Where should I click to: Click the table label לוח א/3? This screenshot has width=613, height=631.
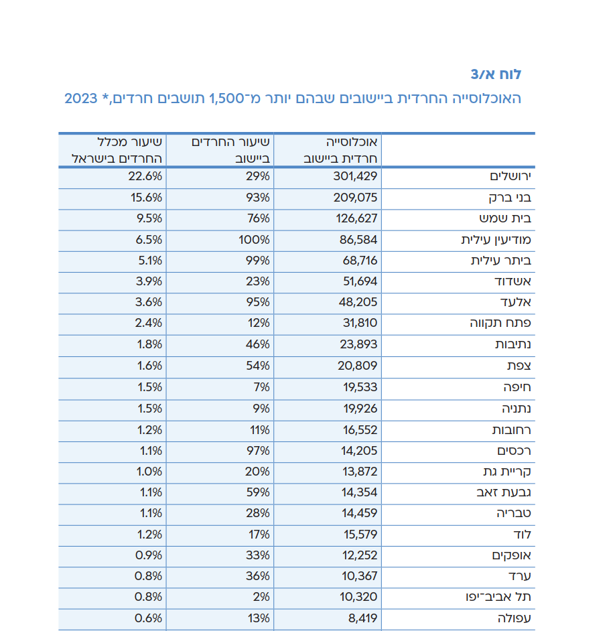495,74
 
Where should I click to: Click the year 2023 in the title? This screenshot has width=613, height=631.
81,99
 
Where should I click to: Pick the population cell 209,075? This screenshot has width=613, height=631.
356,198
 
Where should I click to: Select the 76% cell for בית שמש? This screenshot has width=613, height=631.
258,218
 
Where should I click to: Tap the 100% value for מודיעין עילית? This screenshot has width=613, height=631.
255,239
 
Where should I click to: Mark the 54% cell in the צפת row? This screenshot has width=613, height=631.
258,366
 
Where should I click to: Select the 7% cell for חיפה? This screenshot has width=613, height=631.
261,387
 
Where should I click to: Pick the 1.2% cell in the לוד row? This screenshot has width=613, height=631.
148,534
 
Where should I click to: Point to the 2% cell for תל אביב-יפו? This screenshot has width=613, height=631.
261,597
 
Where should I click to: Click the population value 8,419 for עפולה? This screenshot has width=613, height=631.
362,618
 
